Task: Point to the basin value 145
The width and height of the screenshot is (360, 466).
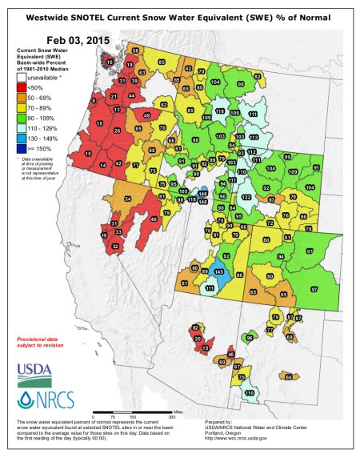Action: click(218, 272)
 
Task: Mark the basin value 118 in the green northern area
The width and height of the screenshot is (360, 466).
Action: click(220, 110)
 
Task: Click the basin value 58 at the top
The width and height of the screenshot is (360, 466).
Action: click(136, 50)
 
